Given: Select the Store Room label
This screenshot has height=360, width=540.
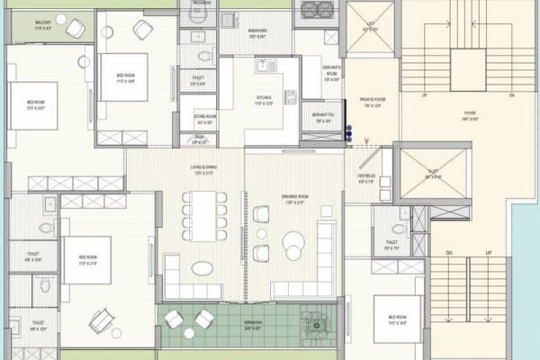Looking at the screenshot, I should tap(204, 117).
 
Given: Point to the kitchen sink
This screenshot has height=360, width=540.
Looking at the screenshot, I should tap(267, 66).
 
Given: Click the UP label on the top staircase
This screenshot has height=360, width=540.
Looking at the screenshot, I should tap(424, 94).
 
